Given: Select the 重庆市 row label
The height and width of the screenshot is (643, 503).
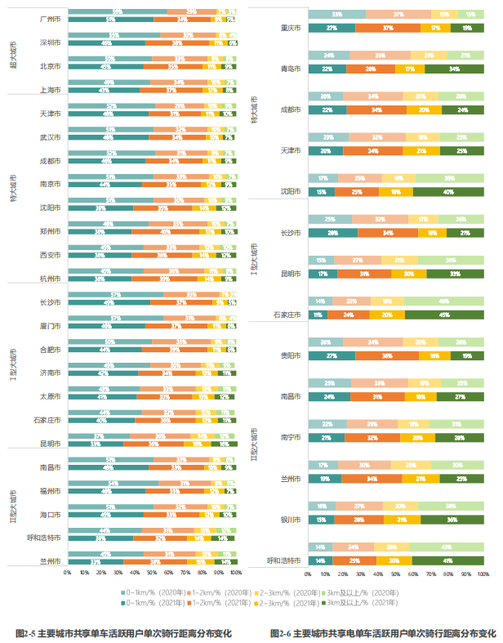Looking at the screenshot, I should click(x=291, y=27).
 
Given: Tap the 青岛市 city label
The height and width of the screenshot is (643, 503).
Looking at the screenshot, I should click(x=291, y=69).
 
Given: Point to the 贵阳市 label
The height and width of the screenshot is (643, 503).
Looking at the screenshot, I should click(x=291, y=356).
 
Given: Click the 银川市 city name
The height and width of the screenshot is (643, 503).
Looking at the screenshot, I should click(x=291, y=519).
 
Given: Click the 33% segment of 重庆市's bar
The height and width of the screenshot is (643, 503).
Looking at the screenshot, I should click(x=337, y=15).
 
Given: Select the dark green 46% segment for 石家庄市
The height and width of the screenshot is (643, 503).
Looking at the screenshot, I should click(x=445, y=315).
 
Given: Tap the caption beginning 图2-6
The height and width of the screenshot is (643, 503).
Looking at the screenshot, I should click(x=381, y=632).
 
